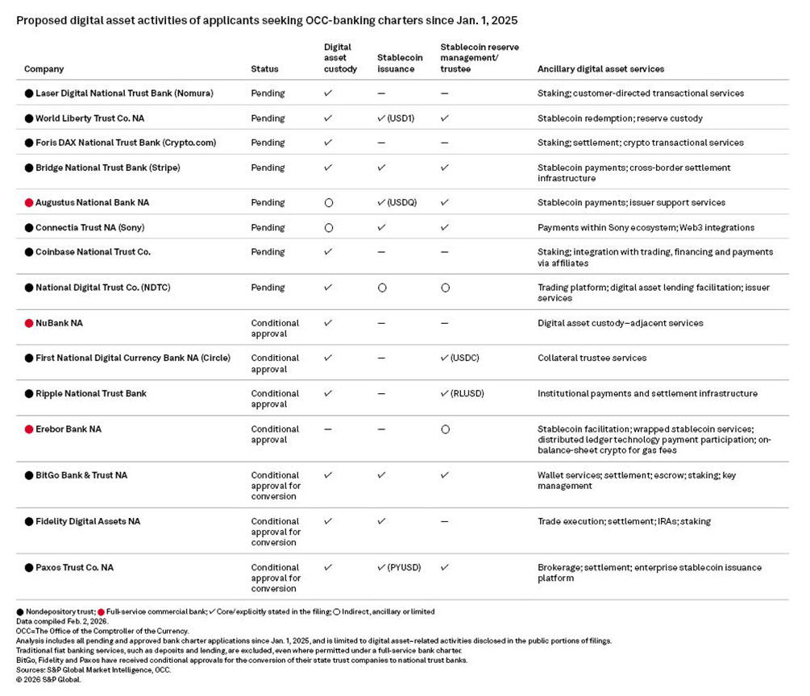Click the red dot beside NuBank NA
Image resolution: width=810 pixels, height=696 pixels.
29,323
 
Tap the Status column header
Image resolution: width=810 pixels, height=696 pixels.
264,69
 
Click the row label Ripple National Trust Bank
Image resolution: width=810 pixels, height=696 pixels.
90,394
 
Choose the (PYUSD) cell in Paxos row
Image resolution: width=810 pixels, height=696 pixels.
397,568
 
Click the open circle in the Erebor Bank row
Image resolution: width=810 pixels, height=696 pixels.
445,429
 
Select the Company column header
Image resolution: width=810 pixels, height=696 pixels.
44,69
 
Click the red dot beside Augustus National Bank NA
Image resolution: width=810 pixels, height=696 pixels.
29,203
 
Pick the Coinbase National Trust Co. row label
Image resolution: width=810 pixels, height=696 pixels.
93,252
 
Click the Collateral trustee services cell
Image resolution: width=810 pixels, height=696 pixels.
592,358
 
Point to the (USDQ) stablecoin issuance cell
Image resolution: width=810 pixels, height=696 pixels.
397,203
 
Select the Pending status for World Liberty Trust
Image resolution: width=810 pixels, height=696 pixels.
268,118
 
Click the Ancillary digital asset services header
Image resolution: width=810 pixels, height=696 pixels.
600,69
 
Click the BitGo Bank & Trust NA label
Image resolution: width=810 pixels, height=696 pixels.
81,475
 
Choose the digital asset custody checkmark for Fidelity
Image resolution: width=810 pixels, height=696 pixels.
328,522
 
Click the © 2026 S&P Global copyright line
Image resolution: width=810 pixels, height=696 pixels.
49,679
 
